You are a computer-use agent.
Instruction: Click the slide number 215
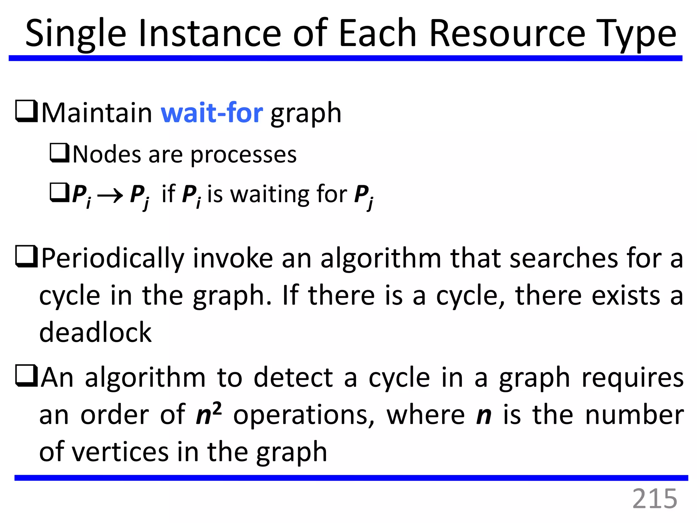654,499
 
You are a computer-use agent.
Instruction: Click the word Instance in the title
210,33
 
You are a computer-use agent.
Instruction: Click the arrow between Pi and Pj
110,196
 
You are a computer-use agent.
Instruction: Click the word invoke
233,258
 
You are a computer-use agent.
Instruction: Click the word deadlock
95,332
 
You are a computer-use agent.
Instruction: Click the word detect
293,378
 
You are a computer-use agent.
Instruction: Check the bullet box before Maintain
26,111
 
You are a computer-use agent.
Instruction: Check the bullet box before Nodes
60,153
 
